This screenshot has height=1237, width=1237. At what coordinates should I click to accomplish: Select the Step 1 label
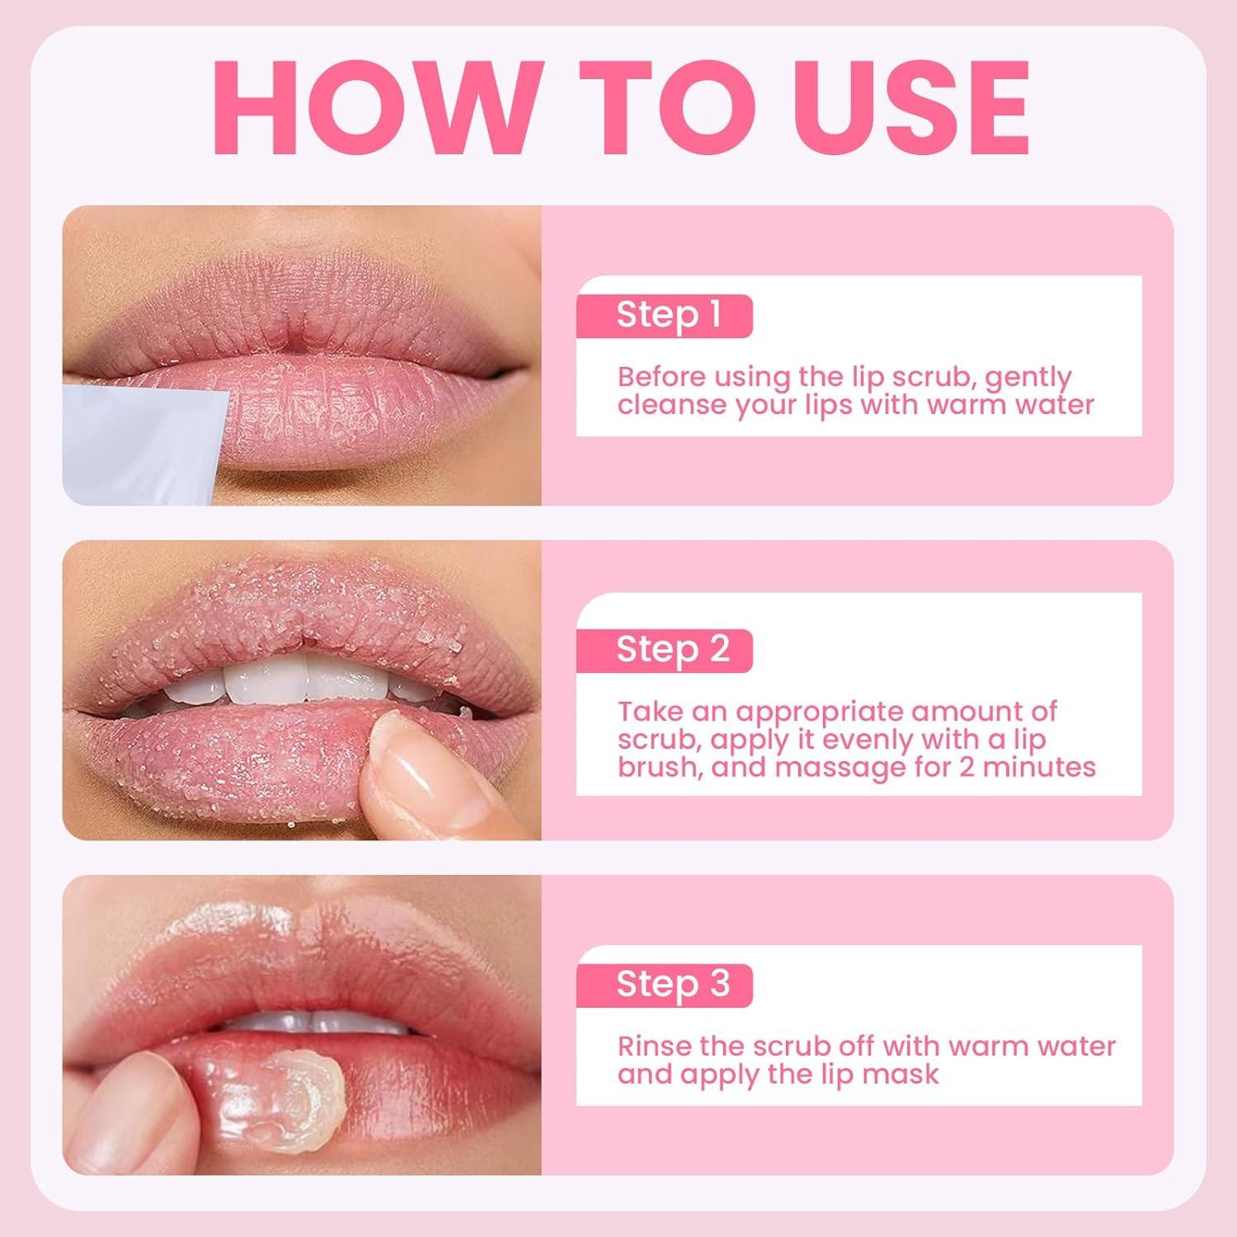(668, 315)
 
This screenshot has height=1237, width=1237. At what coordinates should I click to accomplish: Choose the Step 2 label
(672, 650)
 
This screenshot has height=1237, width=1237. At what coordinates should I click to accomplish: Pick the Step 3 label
(672, 984)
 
